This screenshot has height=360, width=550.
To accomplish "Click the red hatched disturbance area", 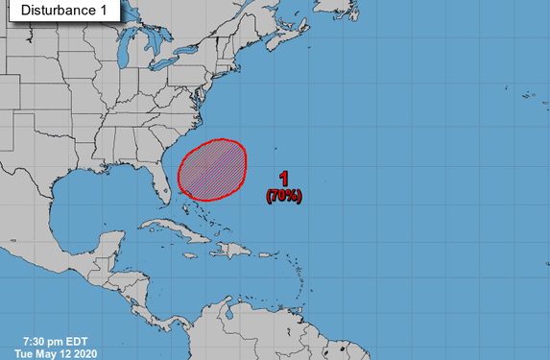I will point(212,170).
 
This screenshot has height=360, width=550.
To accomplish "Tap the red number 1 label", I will point(284,179).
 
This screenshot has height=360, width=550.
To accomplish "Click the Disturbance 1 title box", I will point(60,11).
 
